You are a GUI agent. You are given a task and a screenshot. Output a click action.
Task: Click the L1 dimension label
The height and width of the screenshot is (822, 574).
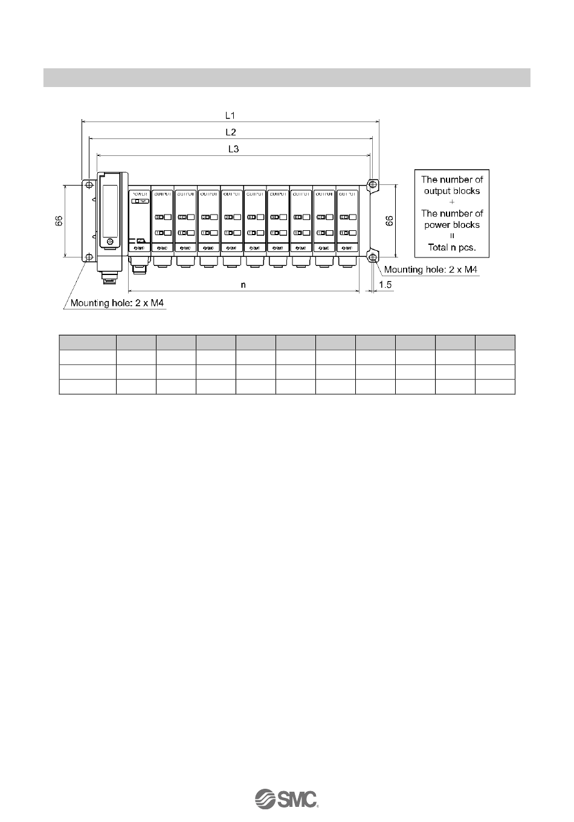[230, 115]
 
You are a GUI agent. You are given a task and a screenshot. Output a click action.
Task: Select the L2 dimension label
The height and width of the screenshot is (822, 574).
[230, 132]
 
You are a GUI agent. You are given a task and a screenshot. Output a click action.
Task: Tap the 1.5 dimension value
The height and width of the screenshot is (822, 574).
[384, 284]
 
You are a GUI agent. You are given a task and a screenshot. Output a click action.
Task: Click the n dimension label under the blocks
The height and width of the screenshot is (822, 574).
[243, 285]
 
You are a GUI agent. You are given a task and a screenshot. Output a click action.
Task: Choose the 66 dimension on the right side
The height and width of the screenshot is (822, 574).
[390, 221]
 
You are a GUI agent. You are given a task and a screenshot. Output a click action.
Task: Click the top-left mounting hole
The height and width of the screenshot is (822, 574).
[88, 184]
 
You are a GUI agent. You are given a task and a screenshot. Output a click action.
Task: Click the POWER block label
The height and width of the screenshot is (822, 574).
[139, 194]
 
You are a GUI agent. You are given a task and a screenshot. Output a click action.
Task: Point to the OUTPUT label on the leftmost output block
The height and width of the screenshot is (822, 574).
[163, 194]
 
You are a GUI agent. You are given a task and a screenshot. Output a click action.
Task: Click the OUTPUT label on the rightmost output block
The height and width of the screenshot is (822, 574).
[347, 194]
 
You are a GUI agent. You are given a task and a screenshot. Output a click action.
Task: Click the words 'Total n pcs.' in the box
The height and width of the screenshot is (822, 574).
[452, 247]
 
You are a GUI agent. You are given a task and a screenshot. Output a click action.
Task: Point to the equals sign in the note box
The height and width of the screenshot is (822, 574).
[452, 236]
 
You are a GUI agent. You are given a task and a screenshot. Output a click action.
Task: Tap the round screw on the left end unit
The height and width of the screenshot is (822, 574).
[109, 242]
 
